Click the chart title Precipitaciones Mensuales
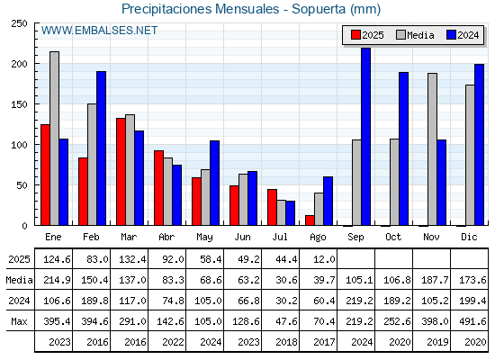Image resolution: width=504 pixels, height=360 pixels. click(200, 9)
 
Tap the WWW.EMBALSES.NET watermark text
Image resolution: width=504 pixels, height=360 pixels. click(99, 31)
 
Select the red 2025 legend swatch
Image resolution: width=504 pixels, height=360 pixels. click(355, 35)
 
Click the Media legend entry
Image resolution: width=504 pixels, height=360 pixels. click(415, 35)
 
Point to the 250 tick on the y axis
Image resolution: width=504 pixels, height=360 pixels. click(19, 23)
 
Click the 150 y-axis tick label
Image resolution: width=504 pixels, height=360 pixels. click(19, 104)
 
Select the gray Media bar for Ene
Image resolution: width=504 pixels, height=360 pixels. click(54, 139)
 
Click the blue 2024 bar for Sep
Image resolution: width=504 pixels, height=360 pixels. click(365, 137)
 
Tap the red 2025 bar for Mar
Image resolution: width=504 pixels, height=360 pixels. click(121, 172)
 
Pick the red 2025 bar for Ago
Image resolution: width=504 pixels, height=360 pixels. click(310, 220)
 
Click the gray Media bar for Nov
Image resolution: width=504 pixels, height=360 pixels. click(432, 149)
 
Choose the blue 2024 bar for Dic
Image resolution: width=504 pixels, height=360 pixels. click(479, 145)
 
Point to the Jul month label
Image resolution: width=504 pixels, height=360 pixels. click(280, 238)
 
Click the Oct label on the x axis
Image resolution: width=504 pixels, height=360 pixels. click(393, 238)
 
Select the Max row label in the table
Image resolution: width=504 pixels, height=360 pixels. click(19, 321)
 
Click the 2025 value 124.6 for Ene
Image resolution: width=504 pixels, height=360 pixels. click(57, 259)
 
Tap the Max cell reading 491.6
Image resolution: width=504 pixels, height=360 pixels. click(472, 321)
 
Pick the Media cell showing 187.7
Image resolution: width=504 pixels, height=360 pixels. click(435, 280)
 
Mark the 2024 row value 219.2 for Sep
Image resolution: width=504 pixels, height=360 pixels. click(359, 301)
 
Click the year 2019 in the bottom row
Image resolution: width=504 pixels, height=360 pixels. click(437, 342)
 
